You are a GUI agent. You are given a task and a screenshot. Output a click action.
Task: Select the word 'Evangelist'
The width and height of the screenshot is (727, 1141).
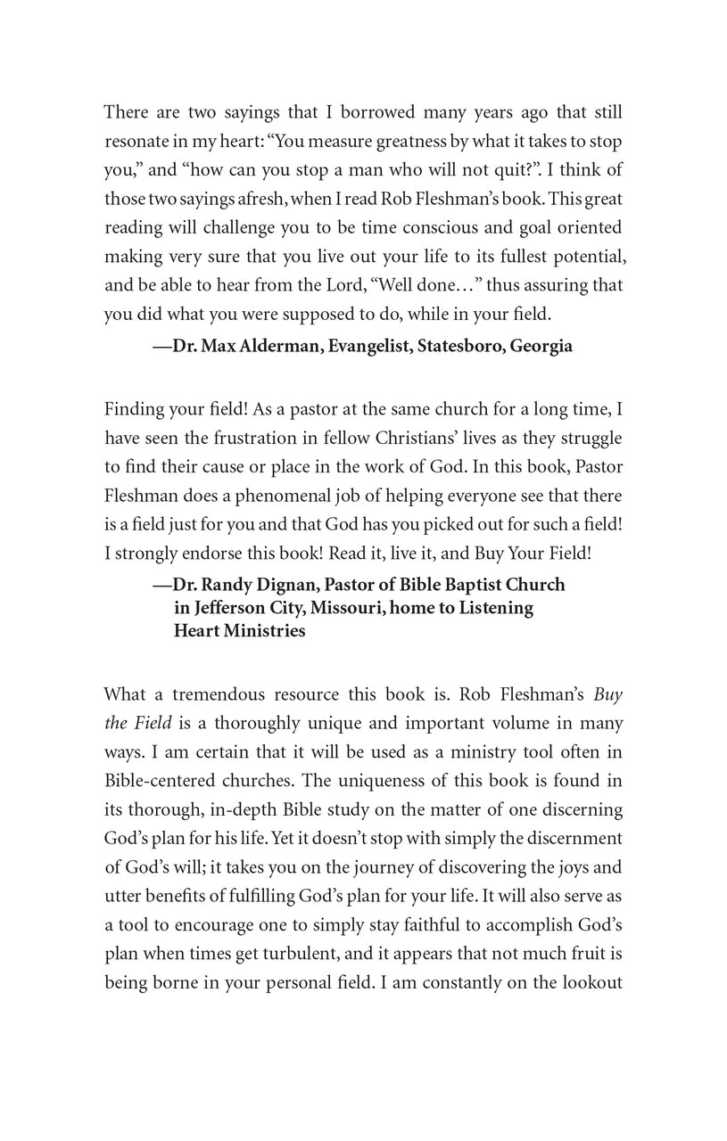(368, 347)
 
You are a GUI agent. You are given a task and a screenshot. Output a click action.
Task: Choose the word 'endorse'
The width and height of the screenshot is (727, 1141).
(211, 552)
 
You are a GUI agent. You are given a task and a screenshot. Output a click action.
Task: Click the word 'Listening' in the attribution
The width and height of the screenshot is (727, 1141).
(498, 608)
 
